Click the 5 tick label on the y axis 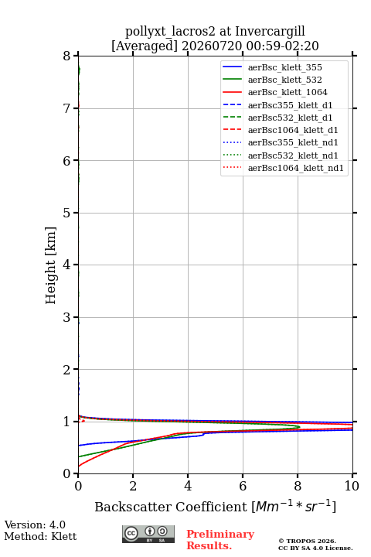click(x=67, y=213)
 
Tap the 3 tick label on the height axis click(x=67, y=317)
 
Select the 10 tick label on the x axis click(x=352, y=486)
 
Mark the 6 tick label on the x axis click(x=243, y=486)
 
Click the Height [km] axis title click(x=51, y=265)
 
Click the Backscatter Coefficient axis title click(x=215, y=506)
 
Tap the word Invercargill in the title click(x=270, y=32)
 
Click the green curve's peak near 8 click(x=300, y=427)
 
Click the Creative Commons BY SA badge click(x=148, y=534)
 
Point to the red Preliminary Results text click(x=220, y=540)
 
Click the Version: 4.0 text click(x=35, y=525)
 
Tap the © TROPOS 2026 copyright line click(x=307, y=541)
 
